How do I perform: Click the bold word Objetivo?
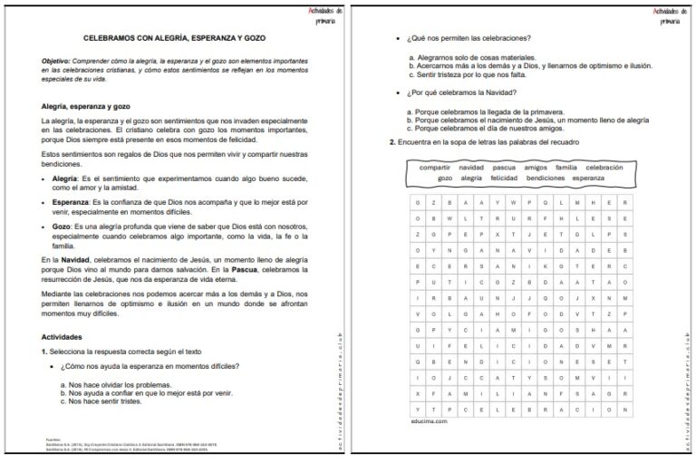57,60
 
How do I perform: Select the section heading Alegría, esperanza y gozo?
85,106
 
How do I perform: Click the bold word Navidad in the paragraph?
76,260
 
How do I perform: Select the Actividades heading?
63,337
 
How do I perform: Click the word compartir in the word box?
436,168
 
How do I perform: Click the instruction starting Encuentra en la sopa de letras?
485,142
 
